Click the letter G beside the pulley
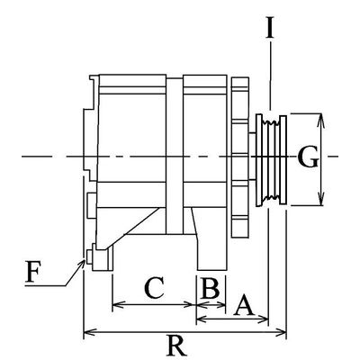click(307, 158)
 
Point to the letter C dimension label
click(153, 288)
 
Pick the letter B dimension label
click(209, 288)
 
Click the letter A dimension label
click(241, 307)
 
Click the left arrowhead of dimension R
click(87, 334)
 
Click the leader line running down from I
click(270, 81)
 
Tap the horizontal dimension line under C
click(153, 306)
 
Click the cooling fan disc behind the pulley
click(239, 158)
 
